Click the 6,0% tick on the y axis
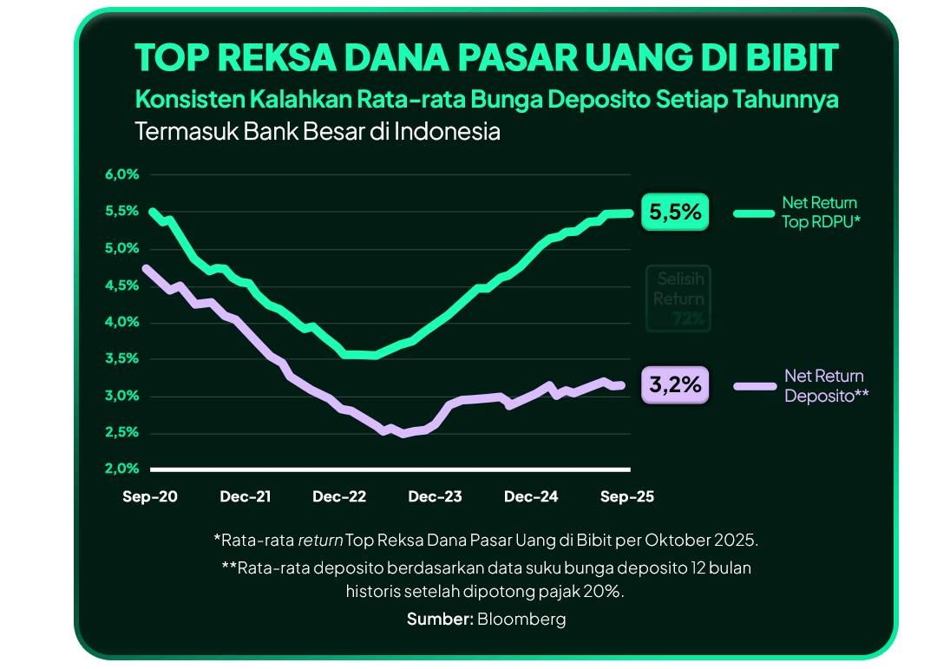[121, 174]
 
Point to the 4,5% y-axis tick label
[121, 285]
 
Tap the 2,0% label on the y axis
[121, 469]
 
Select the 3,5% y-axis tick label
[121, 358]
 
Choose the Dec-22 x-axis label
[339, 497]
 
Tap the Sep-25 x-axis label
[627, 497]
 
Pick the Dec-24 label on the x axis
[531, 497]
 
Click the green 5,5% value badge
[675, 213]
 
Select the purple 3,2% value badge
[675, 385]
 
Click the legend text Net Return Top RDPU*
[820, 212]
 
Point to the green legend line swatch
[753, 213]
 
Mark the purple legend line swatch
[753, 385]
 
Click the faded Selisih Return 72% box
[678, 298]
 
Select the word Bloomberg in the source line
[521, 619]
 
